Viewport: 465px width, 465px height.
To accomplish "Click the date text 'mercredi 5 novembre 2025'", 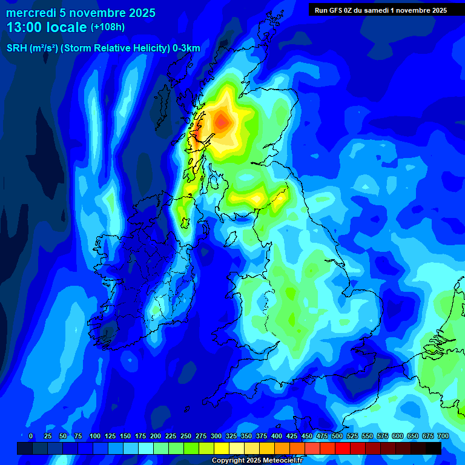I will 81,13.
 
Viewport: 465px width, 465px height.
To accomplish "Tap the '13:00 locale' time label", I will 47,27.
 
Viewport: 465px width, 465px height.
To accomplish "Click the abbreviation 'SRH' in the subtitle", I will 16,49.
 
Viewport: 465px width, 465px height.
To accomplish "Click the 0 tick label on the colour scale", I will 31,436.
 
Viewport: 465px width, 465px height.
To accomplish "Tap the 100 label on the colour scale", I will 94,436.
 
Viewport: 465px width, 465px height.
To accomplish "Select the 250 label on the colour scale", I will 185,436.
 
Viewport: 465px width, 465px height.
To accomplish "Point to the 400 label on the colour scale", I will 276,436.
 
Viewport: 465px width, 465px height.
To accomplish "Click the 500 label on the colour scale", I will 337,436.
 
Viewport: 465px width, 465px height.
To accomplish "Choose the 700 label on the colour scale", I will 443,436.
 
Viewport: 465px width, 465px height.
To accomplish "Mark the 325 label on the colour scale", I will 231,436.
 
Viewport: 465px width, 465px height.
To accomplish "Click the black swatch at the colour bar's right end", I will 434,449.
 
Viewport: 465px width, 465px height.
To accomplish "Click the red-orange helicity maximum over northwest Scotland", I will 222,122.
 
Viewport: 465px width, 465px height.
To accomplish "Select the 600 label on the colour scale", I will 397,436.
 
